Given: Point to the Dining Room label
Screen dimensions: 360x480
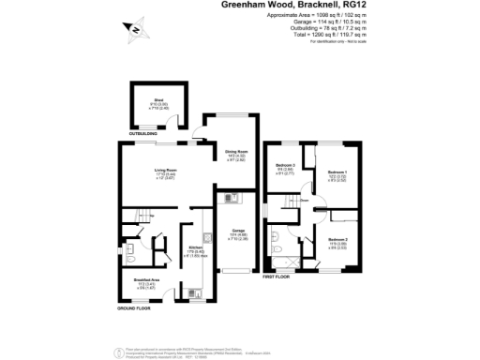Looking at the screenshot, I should coord(235,154).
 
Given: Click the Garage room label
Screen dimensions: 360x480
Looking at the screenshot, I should coord(239,234).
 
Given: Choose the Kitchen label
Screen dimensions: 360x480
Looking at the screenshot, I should coord(195,251).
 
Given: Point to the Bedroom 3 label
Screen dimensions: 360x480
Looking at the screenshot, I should coord(286,169).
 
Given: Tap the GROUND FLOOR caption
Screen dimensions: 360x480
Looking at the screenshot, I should coord(134,308).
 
